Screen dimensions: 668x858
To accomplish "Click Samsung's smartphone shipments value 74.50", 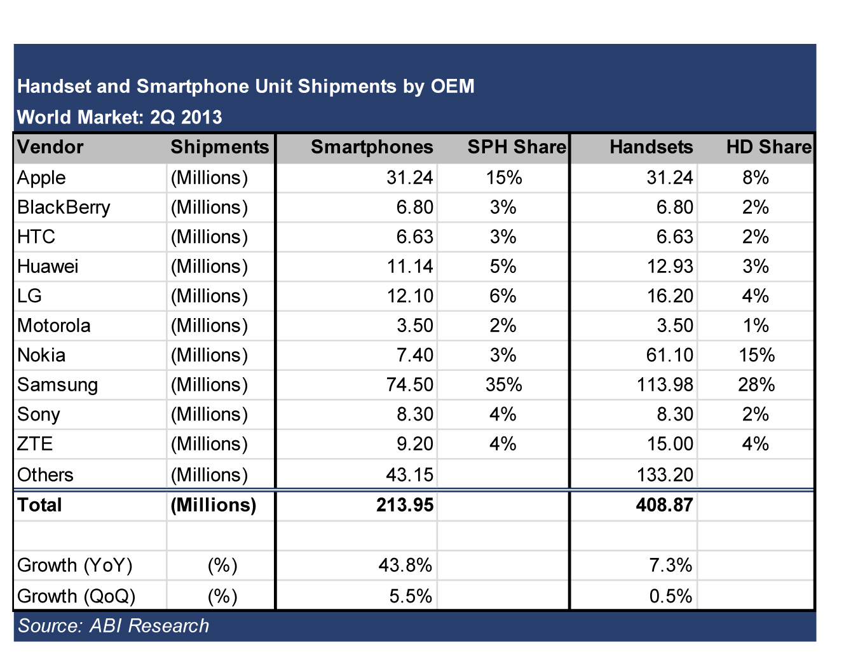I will [410, 385].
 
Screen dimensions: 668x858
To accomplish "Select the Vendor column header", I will [50, 148].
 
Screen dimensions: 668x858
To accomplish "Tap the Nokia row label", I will [41, 355].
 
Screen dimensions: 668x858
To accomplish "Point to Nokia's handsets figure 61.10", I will [669, 355].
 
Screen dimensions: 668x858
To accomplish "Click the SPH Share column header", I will [516, 148].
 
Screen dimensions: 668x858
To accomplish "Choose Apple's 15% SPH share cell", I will [504, 177].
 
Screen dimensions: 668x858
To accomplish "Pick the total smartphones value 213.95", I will [405, 505].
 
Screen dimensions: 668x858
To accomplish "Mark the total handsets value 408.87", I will [664, 505].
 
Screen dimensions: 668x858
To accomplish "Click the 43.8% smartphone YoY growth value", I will [405, 566].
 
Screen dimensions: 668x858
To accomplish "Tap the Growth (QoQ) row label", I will [76, 596].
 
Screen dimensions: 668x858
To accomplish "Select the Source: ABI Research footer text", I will [113, 626].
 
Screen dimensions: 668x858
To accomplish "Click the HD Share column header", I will [769, 148].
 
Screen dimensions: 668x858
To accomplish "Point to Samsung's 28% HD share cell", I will [756, 385].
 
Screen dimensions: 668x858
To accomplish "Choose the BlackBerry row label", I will [64, 207].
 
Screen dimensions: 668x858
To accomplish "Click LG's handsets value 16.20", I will [669, 296].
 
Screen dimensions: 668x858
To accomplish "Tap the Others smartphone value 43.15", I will [410, 475].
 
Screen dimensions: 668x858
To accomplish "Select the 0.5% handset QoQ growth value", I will [671, 596].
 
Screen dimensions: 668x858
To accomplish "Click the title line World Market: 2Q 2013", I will [119, 118].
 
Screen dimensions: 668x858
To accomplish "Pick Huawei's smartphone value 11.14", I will [410, 267].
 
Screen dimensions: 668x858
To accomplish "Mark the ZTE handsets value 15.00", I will [669, 444].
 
